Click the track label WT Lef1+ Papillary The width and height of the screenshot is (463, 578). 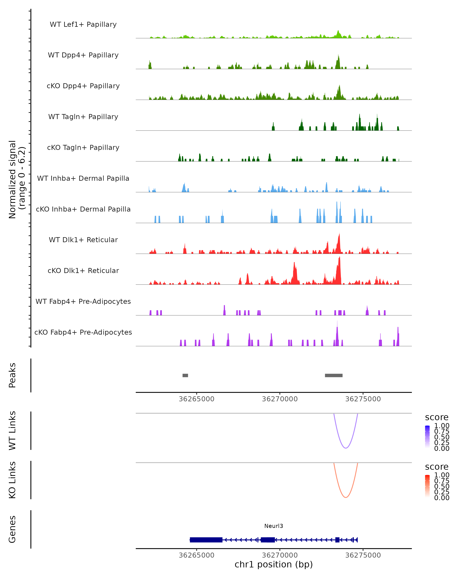[x=83, y=24]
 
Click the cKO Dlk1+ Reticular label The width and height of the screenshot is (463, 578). [x=83, y=271]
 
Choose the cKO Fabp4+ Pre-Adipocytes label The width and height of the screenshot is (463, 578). [x=83, y=332]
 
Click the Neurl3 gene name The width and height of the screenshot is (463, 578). [x=274, y=526]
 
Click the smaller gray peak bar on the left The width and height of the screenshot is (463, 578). [x=185, y=375]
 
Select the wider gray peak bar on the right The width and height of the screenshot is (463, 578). [x=334, y=375]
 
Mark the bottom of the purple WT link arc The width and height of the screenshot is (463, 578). [x=346, y=448]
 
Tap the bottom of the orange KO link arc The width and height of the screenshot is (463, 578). [x=346, y=497]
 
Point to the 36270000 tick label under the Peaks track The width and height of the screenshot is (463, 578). [x=280, y=399]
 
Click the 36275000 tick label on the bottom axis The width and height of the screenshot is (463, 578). [x=363, y=555]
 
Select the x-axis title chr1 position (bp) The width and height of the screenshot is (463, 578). [x=274, y=565]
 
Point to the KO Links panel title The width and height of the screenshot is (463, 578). [x=12, y=480]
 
